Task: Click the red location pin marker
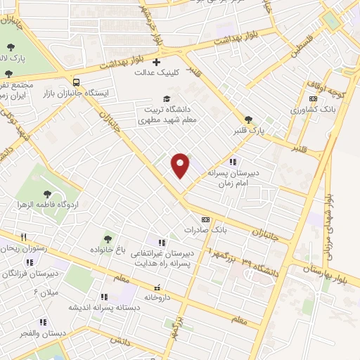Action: coord(181,165)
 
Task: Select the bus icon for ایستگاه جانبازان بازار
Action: coord(77,82)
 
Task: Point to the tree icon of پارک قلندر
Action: coord(247,119)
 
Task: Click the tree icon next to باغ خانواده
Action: coord(108,240)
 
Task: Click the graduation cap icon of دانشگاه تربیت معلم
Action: coord(166,98)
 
